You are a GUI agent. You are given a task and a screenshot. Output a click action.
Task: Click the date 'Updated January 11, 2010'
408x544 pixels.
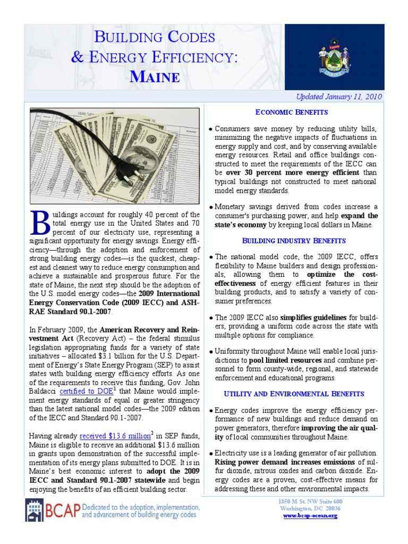pyautogui.click(x=339, y=97)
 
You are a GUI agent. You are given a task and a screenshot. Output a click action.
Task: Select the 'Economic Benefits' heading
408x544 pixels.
pyautogui.click(x=292, y=112)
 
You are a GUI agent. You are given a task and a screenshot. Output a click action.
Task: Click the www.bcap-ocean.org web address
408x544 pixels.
pyautogui.click(x=310, y=516)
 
